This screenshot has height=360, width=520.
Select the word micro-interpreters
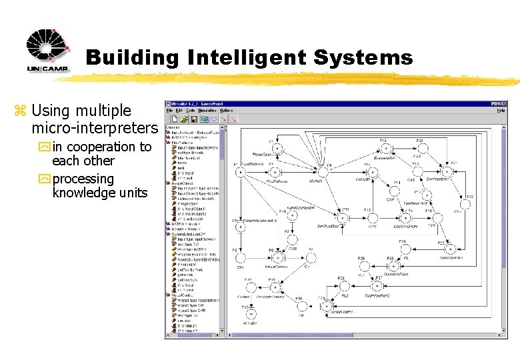tap(94, 127)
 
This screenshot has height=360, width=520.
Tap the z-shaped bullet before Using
tap(22, 111)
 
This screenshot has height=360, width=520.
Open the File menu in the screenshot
tap(170, 111)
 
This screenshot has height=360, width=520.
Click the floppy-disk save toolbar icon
tap(193, 119)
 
